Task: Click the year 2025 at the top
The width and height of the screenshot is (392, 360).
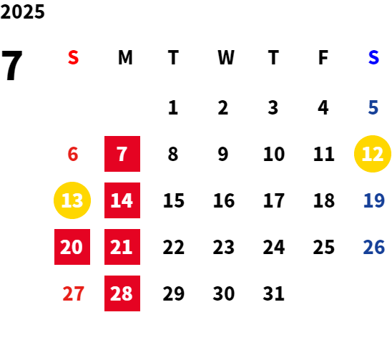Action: click(22, 11)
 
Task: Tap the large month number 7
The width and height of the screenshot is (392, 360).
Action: click(12, 66)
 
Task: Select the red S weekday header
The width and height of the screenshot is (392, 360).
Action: click(73, 57)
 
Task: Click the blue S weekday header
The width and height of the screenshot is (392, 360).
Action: click(373, 57)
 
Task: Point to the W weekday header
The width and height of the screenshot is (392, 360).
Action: click(226, 57)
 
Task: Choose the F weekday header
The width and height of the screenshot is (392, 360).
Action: click(323, 57)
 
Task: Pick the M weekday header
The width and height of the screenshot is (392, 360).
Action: click(125, 57)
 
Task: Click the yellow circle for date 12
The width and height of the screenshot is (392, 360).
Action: click(373, 154)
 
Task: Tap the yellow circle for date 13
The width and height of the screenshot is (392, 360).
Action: click(72, 200)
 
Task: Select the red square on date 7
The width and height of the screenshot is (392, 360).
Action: click(122, 154)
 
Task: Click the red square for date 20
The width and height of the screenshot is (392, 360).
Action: click(72, 247)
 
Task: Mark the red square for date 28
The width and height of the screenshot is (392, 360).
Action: click(122, 293)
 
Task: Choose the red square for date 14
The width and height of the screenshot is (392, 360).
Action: click(122, 200)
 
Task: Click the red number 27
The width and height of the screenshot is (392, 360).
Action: click(73, 293)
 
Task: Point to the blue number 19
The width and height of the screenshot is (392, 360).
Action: click(373, 200)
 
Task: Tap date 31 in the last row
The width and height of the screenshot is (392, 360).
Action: click(273, 293)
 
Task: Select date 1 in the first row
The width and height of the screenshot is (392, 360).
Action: click(173, 107)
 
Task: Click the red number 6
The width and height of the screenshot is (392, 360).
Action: click(73, 154)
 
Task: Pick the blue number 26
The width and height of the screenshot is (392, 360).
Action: click(373, 247)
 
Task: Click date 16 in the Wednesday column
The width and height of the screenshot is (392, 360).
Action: click(224, 200)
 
